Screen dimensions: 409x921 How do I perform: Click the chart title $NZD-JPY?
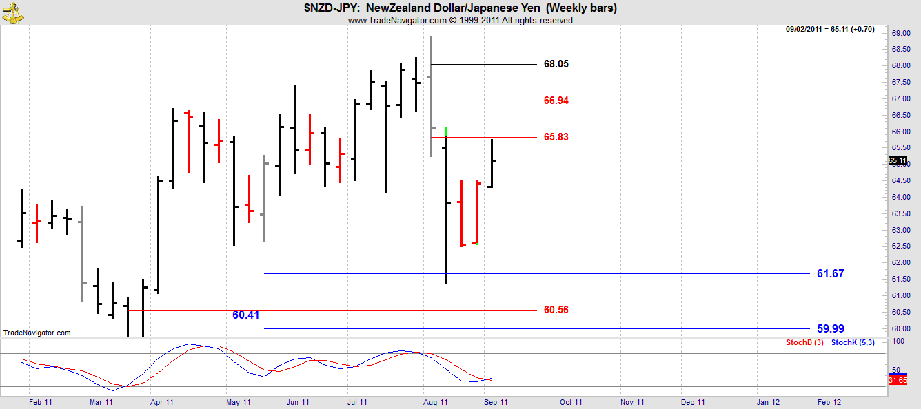(x=330, y=8)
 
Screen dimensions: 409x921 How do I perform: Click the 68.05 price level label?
(x=556, y=64)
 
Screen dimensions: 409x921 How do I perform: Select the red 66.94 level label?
(x=556, y=101)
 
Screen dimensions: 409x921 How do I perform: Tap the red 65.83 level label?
(x=556, y=137)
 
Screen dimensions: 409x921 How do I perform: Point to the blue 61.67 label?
(x=830, y=273)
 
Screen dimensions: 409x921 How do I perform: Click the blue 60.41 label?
(x=246, y=315)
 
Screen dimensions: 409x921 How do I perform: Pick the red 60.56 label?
(x=556, y=310)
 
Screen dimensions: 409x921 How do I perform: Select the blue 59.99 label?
(x=830, y=328)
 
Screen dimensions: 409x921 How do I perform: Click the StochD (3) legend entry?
(x=804, y=342)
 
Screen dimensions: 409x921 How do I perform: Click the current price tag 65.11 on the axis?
(x=897, y=161)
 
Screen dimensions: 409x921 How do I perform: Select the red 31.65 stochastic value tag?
(x=897, y=379)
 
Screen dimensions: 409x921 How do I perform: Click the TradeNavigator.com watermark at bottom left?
(x=37, y=333)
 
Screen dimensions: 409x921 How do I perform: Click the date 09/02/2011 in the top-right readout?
(x=807, y=29)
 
